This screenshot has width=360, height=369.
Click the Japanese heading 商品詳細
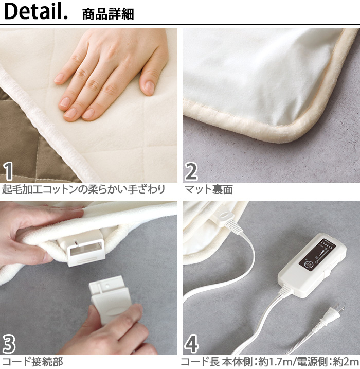(108, 14)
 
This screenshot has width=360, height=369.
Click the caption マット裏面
(209, 189)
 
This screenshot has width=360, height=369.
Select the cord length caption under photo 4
(270, 362)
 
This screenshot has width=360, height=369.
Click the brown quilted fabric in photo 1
(21, 134)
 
